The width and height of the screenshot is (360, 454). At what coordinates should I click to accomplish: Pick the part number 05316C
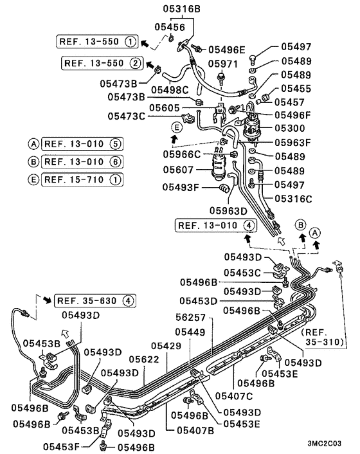(294, 199)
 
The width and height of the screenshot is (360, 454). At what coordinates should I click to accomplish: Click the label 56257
(191, 318)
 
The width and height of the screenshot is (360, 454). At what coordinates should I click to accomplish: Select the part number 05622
(146, 359)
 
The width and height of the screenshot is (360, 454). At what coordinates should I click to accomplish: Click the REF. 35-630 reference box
(95, 300)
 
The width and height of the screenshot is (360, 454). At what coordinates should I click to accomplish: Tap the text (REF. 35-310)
(323, 338)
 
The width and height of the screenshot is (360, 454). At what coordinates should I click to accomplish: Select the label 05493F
(181, 187)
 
